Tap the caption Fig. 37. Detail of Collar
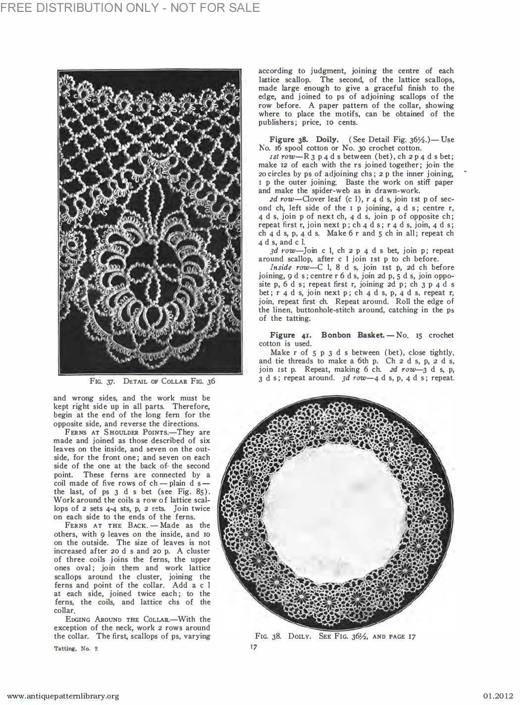tap(152, 381)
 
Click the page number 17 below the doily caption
tap(253, 647)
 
